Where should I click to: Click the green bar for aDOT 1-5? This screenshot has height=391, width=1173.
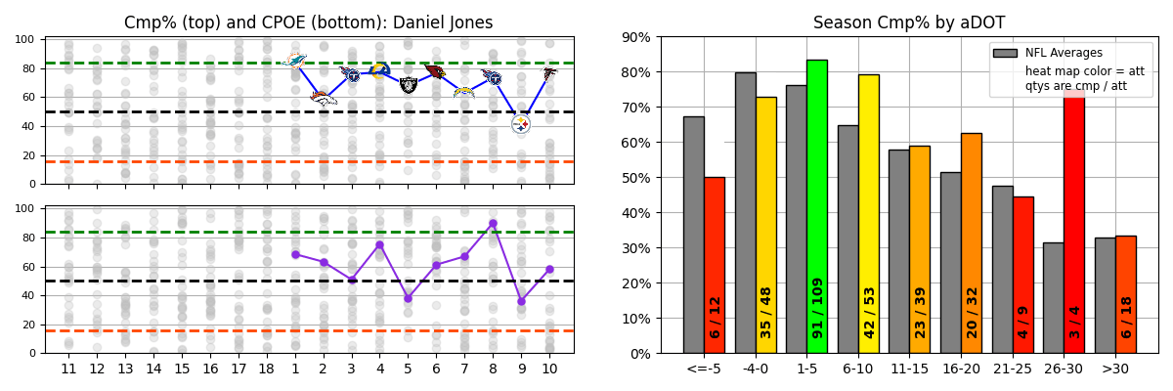click(x=816, y=205)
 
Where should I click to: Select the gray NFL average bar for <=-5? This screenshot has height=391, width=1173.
click(x=693, y=235)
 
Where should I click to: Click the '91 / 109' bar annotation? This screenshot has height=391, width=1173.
click(x=817, y=307)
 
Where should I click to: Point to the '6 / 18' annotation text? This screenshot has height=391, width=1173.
click(x=1126, y=317)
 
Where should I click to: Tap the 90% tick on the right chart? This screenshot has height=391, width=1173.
click(x=640, y=37)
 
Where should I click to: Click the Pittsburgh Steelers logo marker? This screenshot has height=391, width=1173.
click(x=521, y=123)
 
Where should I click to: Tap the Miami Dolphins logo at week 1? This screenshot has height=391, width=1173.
click(x=294, y=61)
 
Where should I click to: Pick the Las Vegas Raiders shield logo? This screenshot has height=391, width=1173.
click(x=409, y=85)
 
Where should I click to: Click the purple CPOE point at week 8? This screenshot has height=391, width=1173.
click(x=493, y=223)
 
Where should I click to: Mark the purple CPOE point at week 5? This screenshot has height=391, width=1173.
click(x=408, y=298)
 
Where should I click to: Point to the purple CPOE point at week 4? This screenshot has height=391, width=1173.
click(x=379, y=244)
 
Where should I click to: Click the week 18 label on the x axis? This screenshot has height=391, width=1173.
click(x=266, y=369)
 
